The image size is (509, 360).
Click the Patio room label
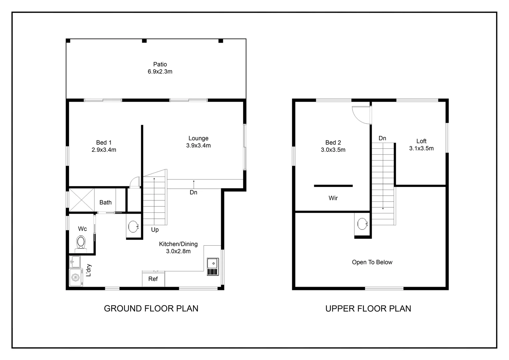point(160,64)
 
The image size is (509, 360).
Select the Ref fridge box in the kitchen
point(153,279)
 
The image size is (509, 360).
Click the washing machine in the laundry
point(76,277)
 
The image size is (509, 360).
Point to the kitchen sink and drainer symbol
point(213,267)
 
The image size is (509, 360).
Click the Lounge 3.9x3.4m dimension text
point(199,146)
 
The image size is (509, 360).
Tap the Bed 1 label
point(104,143)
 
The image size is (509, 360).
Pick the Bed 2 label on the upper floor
point(333,143)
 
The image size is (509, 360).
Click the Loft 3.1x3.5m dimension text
point(421,149)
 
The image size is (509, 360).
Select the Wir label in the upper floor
point(333,198)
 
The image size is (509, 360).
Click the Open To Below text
point(372,262)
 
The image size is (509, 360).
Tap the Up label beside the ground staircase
point(155,230)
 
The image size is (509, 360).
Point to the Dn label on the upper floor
point(382,138)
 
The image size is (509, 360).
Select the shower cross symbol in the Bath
point(82,200)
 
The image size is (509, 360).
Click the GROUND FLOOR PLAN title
point(151,309)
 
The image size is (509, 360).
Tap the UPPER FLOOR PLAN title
point(368,309)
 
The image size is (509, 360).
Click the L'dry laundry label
point(89,270)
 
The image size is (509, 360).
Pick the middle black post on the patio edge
point(144,41)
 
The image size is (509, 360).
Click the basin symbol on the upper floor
point(362,224)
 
